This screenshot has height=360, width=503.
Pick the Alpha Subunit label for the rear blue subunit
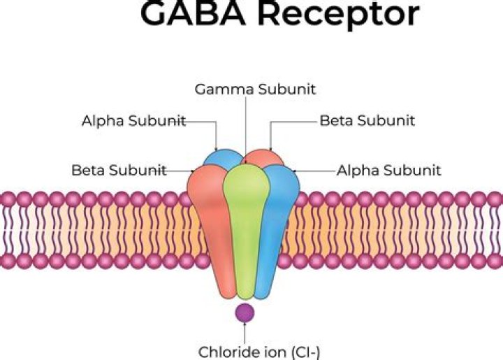click(133, 121)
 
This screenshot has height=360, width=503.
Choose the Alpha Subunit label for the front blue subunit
click(388, 170)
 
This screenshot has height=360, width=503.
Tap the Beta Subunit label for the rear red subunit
click(367, 121)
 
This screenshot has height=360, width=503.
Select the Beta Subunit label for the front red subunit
click(119, 170)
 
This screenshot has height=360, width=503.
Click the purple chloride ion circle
click(245, 312)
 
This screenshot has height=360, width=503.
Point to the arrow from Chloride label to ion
click(245, 333)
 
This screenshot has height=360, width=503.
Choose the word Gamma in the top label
click(223, 89)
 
